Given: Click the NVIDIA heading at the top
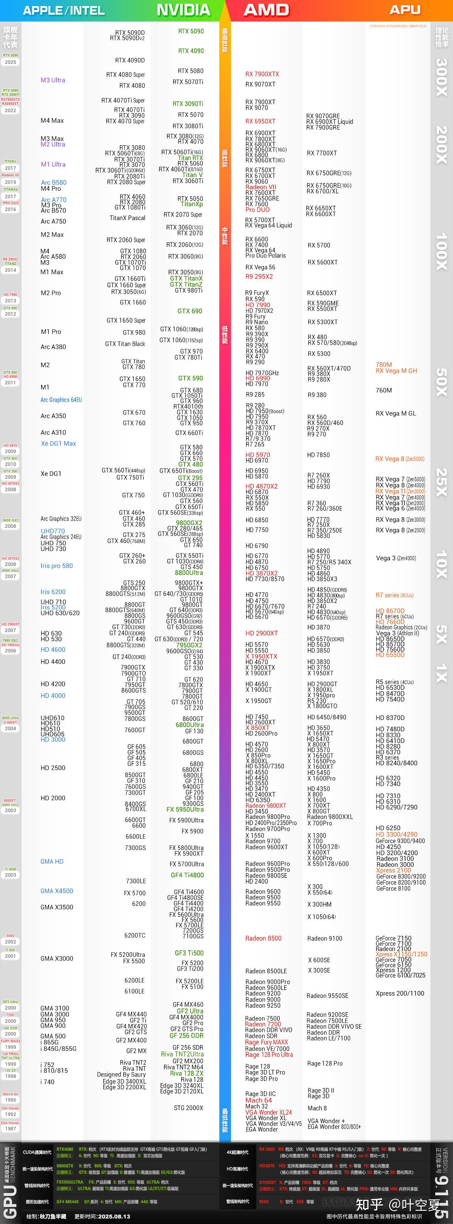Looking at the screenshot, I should pos(183,10).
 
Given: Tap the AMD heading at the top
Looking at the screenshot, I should pos(266,10).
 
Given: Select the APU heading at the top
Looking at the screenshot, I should pos(405,10).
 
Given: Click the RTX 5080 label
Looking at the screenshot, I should pos(191,71).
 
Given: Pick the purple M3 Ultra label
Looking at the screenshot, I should pos(53,80).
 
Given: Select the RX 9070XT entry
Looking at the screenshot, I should pos(260,84).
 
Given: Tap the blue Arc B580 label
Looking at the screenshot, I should pos(54,182).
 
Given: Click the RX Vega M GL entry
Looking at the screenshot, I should pos(396,413).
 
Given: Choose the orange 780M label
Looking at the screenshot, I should pos(384,365).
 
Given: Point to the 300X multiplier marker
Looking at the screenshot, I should pos(442,77).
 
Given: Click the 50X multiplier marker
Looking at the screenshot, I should pos(442,382).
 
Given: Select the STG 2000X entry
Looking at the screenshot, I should pos(188,1108).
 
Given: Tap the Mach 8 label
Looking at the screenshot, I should pos(317,1108).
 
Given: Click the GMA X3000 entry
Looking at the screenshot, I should pos(57,958).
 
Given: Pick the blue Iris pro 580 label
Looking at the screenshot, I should pos(57,566).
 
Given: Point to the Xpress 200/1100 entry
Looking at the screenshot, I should pos(400,993).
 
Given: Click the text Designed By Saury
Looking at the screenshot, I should pos(121,1074).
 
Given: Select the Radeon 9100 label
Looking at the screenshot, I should pos(325,939).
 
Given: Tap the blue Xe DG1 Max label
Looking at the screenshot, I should pos(58,443).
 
